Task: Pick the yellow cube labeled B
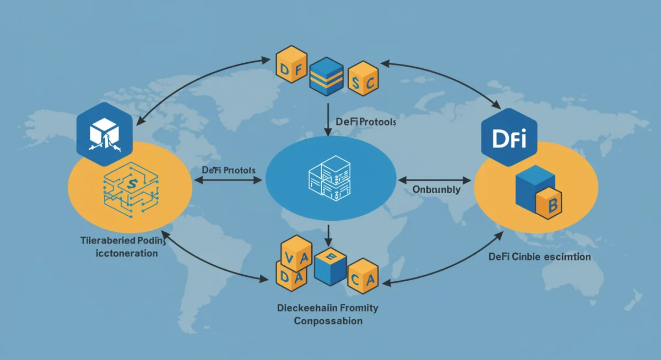click(551, 204)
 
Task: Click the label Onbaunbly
click(436, 189)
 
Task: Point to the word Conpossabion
click(328, 320)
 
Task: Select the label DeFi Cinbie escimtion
click(539, 257)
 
